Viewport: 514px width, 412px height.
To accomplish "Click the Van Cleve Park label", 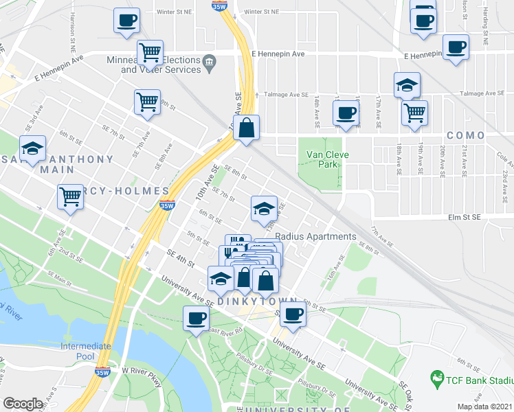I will pos(327,159).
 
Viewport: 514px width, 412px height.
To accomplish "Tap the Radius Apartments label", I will pos(315,236).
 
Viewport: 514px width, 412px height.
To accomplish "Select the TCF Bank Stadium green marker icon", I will pos(436,377).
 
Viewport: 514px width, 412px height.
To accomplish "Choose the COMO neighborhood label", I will pos(465,135).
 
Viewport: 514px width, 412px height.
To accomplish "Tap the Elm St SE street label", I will pos(466,218).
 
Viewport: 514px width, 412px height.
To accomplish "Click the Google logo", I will pos(23,403).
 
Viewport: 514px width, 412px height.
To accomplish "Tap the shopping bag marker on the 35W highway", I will pos(246,127).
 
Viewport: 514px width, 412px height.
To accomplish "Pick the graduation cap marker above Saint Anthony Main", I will pos(32,149).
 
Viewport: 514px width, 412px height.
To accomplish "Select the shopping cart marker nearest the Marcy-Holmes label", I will pos(71,197).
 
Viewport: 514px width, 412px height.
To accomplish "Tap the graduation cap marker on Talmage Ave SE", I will pos(407,86).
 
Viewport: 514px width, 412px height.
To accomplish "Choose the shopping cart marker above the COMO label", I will pos(414,112).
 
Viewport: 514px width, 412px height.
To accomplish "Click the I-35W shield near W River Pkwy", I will pos(102,373).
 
